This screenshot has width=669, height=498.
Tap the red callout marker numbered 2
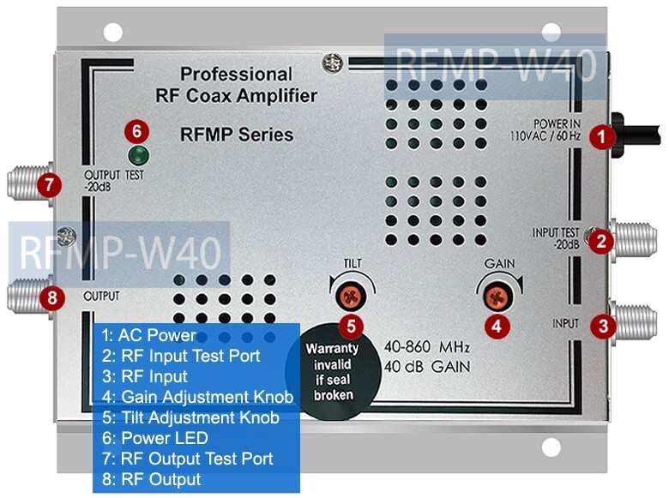(604, 241)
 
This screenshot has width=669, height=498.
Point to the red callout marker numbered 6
(137, 131)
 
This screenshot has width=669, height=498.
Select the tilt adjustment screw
(347, 297)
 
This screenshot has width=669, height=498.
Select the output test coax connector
(23, 183)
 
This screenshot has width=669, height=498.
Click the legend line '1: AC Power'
(149, 334)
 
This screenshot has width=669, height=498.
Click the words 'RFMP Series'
(237, 135)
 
